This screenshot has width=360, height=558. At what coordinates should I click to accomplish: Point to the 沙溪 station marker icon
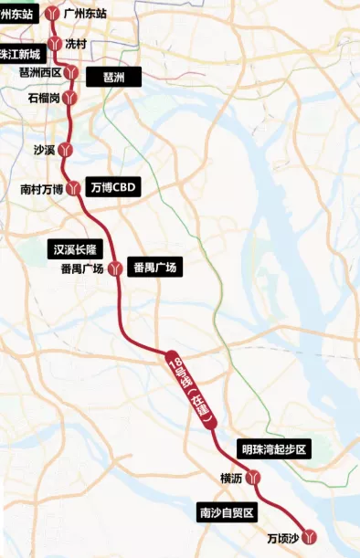tap(65, 150)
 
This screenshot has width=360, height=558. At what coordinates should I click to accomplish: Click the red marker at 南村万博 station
tap(74, 189)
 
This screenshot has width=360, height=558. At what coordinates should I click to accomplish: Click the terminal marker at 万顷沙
tap(310, 537)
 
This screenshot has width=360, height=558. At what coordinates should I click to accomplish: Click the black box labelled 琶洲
tap(113, 78)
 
